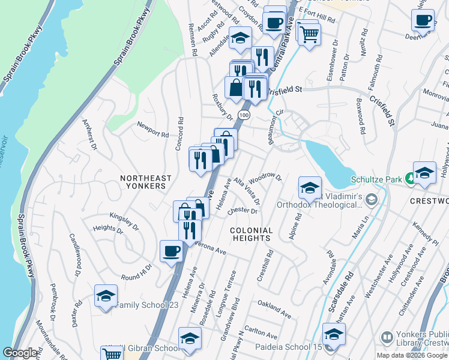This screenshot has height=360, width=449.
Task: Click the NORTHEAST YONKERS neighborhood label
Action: pyautogui.click(x=145, y=182)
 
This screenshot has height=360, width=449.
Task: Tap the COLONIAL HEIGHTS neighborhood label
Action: pyautogui.click(x=252, y=234)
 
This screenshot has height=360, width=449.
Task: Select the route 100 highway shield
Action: pyautogui.click(x=243, y=113)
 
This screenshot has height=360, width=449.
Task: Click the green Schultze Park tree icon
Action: pyautogui.click(x=409, y=178)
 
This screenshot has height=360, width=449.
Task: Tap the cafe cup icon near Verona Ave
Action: pyautogui.click(x=171, y=251)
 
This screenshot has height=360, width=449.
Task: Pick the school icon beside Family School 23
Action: pyautogui.click(x=106, y=296)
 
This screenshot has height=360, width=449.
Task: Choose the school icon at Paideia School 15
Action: pyautogui.click(x=333, y=334)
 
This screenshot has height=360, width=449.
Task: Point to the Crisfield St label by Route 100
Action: pyautogui.click(x=284, y=90)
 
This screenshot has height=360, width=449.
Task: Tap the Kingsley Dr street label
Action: pyautogui.click(x=123, y=215)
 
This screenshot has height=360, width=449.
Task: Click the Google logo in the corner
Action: pyautogui.click(x=20, y=353)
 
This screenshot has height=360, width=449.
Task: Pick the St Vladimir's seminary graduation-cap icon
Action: pyautogui.click(x=372, y=199)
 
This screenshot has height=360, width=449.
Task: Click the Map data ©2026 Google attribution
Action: pyautogui.click(x=412, y=355)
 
